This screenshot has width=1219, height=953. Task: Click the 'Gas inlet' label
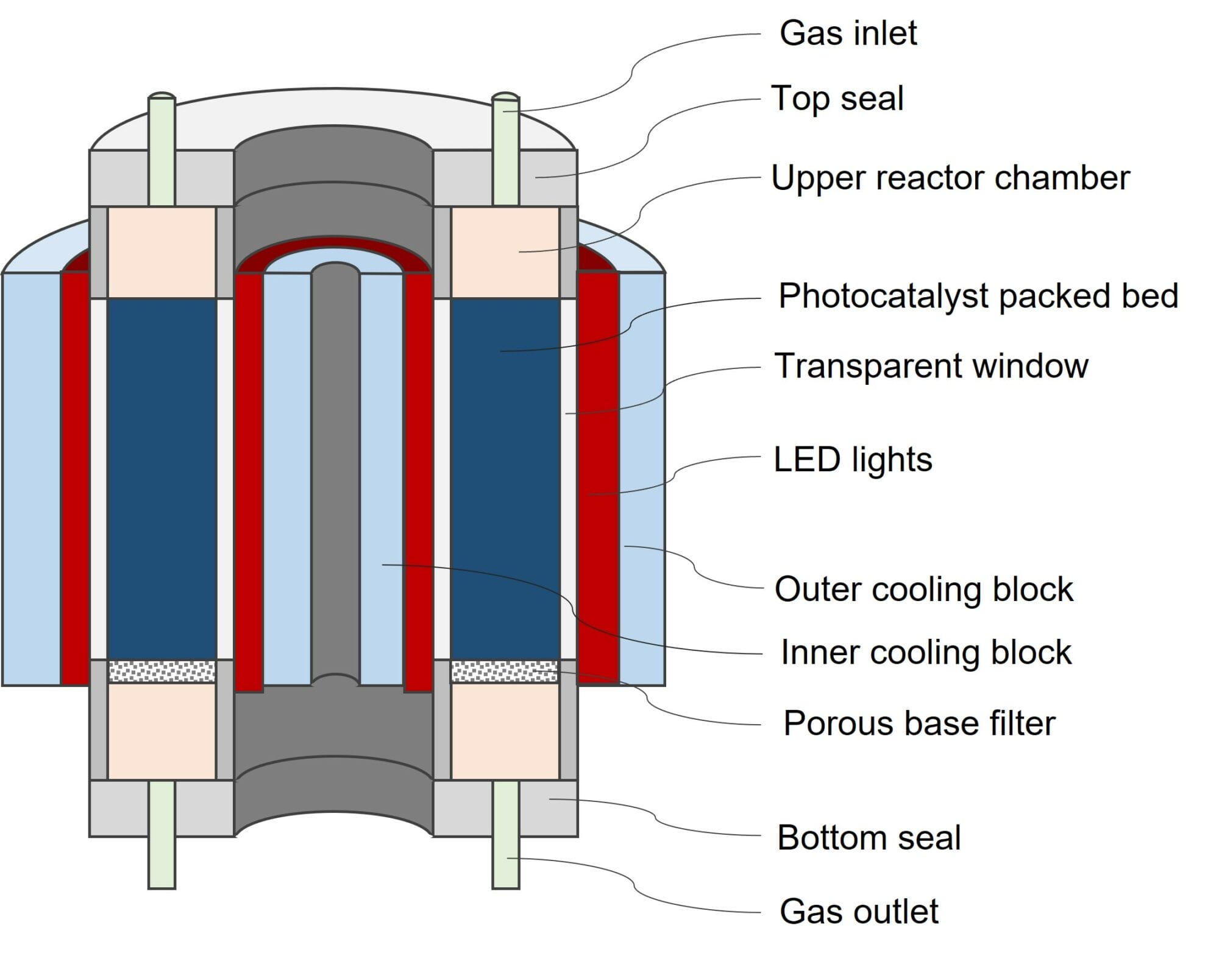pos(848,33)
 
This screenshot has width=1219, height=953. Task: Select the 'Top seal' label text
pos(837,99)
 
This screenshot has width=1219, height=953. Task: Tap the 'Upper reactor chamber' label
pos(950,178)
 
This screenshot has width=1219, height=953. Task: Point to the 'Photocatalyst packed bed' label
pos(978,296)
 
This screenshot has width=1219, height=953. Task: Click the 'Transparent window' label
pos(931,366)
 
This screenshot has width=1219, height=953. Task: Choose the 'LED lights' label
pos(852,459)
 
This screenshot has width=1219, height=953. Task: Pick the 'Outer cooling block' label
pos(923,589)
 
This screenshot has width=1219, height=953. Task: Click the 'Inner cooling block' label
pos(925,652)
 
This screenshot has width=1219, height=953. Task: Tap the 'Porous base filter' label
pos(919,723)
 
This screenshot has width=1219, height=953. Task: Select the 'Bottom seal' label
pos(869,837)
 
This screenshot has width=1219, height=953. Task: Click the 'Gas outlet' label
pos(858,912)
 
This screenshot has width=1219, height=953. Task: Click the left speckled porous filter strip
pos(162,671)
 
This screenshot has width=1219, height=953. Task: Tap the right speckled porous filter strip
pos(504,671)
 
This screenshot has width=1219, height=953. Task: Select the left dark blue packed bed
pos(162,478)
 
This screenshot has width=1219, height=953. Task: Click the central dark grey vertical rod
pos(335,475)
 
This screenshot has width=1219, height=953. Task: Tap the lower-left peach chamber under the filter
pos(162,731)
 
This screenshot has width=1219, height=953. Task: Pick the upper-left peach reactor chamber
pos(162,252)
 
